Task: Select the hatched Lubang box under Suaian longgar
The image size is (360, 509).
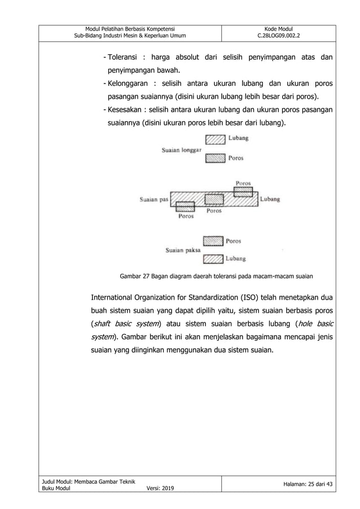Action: [214, 138]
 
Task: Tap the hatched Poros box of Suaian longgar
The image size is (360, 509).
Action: [214, 159]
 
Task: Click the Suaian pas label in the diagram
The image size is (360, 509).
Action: [154, 199]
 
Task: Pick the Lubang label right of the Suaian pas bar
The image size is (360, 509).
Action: [271, 199]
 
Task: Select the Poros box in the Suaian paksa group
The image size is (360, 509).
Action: [213, 241]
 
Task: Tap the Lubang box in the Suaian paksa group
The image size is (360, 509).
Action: [213, 260]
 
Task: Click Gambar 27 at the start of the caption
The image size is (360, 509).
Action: [134, 277]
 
